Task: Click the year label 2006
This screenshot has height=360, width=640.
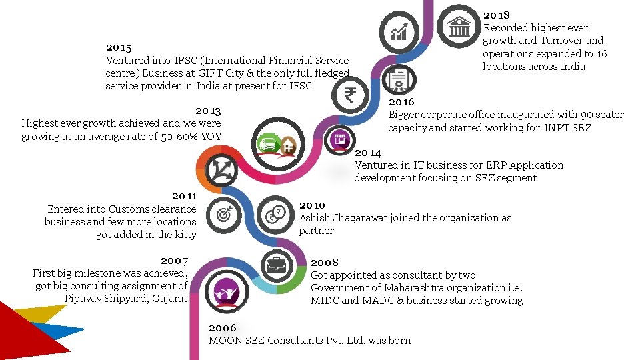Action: tap(223, 328)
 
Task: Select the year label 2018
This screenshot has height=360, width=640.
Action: tap(496, 15)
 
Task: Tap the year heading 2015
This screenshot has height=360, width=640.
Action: tap(119, 48)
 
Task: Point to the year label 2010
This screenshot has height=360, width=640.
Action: tap(312, 205)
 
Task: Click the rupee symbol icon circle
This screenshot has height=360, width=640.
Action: tap(350, 95)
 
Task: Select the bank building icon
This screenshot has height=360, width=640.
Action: tap(459, 26)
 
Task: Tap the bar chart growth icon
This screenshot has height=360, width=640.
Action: tap(399, 32)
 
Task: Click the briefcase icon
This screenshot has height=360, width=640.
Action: tap(277, 266)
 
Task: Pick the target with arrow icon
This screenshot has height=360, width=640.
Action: tap(224, 214)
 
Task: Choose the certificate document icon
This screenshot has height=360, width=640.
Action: tap(399, 80)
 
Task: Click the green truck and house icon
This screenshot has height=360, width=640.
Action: tap(278, 145)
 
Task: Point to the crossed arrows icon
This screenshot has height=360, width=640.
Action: tap(221, 170)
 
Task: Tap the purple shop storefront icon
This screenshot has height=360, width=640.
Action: tap(339, 140)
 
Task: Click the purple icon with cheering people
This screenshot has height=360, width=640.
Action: tap(227, 292)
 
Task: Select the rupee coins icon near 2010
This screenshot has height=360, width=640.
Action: tap(275, 215)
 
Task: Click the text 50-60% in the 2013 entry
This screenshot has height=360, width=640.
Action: tap(179, 136)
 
